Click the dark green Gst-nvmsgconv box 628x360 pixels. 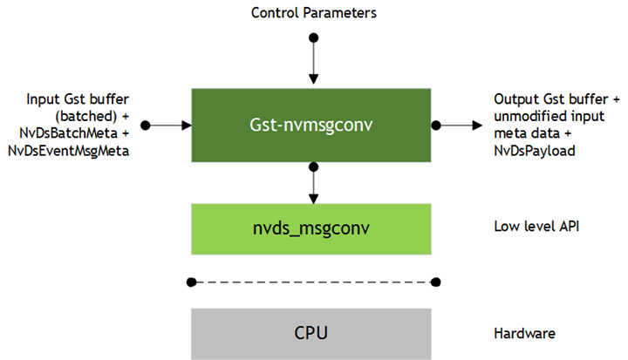coord(312,126)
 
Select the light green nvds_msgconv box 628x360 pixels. coord(312,228)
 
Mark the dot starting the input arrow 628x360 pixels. coord(147,126)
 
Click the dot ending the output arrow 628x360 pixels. coord(478,126)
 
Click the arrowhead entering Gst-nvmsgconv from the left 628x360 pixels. coord(186,126)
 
